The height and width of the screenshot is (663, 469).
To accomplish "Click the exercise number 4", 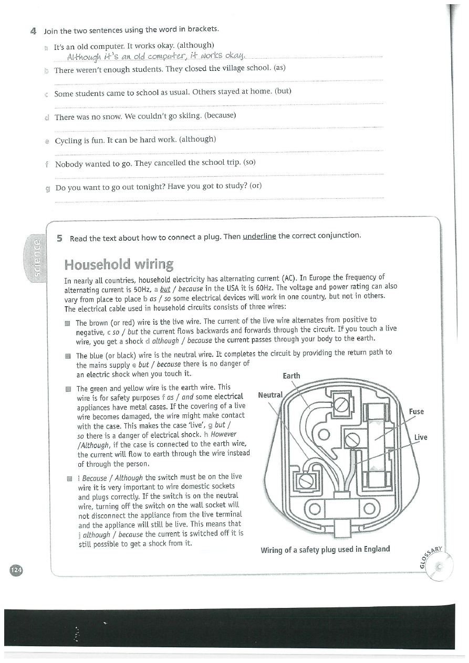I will point(33,31).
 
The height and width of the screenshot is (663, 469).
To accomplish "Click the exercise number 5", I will point(60,238).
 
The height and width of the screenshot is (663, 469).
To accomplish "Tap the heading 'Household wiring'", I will point(119,264).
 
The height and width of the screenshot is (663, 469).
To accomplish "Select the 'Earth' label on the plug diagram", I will point(291,376).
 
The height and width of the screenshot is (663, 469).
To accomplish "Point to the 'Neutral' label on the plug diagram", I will point(270,395).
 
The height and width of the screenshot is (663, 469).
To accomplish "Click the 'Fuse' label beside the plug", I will point(416,412).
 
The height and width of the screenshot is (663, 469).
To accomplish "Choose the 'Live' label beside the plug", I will point(421,437).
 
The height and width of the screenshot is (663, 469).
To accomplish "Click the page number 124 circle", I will point(16,570).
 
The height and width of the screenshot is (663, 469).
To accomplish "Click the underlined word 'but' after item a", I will point(165,289).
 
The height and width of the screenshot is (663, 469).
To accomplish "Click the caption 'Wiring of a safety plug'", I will point(325,549).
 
